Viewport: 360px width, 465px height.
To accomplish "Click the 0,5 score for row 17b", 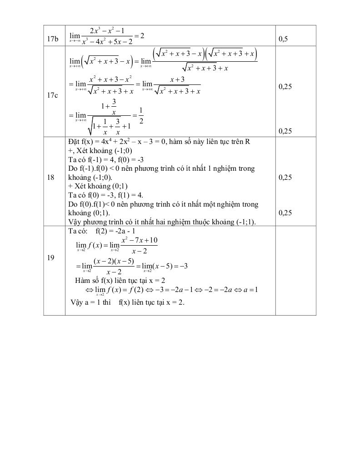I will (x=283, y=40).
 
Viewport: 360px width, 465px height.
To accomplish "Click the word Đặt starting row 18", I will (x=74, y=142).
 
